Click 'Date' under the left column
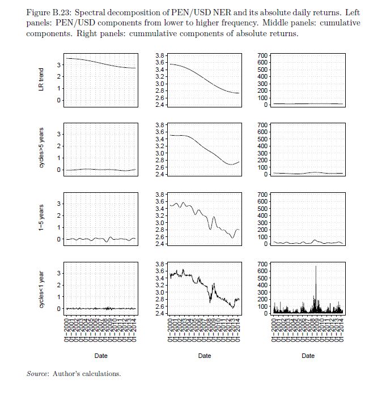click(101, 356)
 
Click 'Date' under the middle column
click(205, 356)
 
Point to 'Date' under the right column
click(308, 356)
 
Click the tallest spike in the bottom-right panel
click(316, 267)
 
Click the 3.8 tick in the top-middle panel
click(160, 55)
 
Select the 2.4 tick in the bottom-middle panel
click(160, 313)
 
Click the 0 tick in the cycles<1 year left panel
click(58, 309)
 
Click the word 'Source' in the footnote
click(37, 374)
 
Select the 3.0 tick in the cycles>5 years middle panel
click(160, 153)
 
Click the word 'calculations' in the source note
click(104, 374)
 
